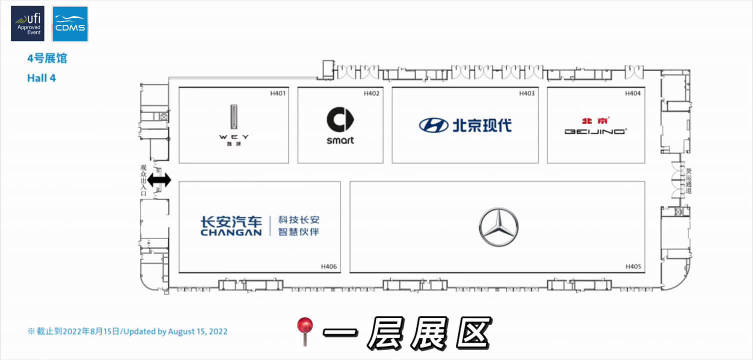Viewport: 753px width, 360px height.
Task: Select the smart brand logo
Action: coord(340,126)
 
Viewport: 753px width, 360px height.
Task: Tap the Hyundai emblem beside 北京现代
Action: coord(433,126)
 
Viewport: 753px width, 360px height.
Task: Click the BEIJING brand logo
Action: coord(595,126)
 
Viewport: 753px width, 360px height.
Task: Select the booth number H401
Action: coord(278,94)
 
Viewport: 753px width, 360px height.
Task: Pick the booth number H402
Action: coord(371,94)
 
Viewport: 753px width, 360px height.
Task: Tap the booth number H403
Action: coord(527,94)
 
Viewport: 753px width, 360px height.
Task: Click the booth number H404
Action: coord(632,94)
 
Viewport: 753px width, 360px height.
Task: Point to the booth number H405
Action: coord(632,266)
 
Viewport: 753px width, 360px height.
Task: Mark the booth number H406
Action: coord(329,266)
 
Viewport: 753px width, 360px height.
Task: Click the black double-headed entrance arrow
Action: coord(160,181)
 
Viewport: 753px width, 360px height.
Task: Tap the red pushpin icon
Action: coord(304,330)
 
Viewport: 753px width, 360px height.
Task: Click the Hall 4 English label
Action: coord(42,76)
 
